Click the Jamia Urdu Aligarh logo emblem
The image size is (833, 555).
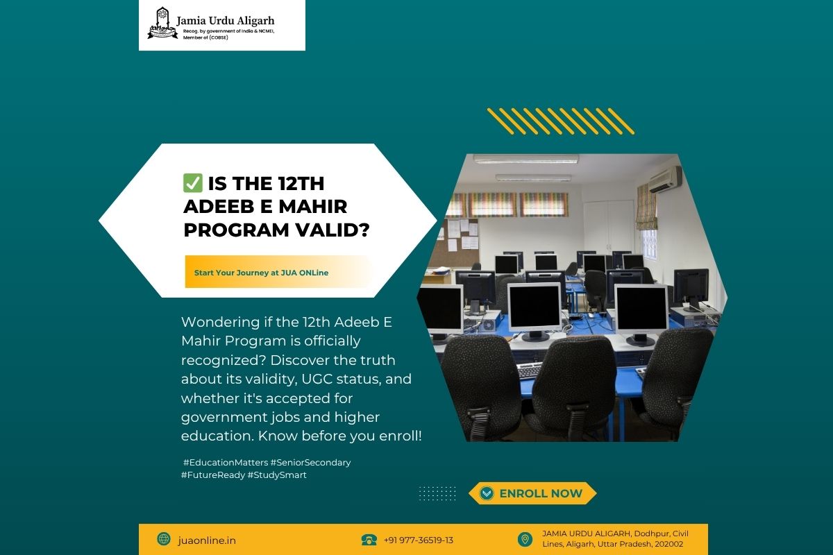pyautogui.click(x=162, y=23)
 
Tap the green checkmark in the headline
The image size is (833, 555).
pyautogui.click(x=193, y=183)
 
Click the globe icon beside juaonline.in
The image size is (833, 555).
pyautogui.click(x=164, y=538)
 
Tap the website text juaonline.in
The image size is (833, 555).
pyautogui.click(x=207, y=540)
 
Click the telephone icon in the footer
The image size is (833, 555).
pyautogui.click(x=369, y=540)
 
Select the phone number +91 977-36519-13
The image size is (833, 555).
pyautogui.click(x=419, y=540)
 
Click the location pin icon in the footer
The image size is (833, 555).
pyautogui.click(x=525, y=539)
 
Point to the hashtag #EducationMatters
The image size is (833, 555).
pyautogui.click(x=226, y=463)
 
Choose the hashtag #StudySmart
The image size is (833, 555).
pyautogui.click(x=277, y=475)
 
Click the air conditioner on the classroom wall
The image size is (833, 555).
pyautogui.click(x=665, y=179)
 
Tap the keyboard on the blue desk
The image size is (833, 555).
pyautogui.click(x=529, y=370)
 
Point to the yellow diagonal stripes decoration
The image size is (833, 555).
pyautogui.click(x=561, y=121)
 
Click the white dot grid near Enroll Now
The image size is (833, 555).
pyautogui.click(x=437, y=493)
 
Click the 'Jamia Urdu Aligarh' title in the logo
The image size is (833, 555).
pyautogui.click(x=226, y=21)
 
